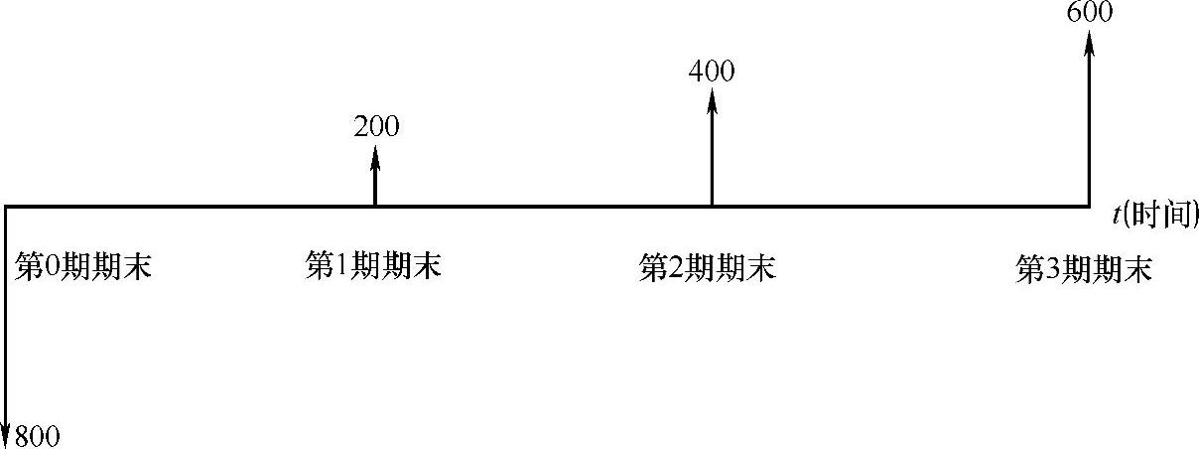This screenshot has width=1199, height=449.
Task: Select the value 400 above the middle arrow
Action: click(711, 72)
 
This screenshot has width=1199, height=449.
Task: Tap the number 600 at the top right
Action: click(1089, 12)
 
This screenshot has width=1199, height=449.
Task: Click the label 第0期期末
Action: click(84, 266)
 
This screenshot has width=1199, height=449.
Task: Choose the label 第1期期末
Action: click(373, 266)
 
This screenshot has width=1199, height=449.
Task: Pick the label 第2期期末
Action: click(707, 268)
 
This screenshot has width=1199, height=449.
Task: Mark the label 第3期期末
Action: click(1084, 270)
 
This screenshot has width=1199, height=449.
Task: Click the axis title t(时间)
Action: click(1154, 213)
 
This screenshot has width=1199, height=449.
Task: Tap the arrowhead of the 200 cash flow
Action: click(375, 154)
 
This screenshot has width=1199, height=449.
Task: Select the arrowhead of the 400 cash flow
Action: click(712, 97)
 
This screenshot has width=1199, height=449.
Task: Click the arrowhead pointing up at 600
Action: click(1090, 40)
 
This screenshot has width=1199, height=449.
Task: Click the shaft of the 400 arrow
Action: click(712, 154)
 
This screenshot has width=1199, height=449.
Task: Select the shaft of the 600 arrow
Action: click(1090, 124)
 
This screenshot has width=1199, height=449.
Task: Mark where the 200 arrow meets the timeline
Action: click(375, 206)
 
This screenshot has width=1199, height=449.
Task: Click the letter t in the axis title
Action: click(1118, 213)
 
